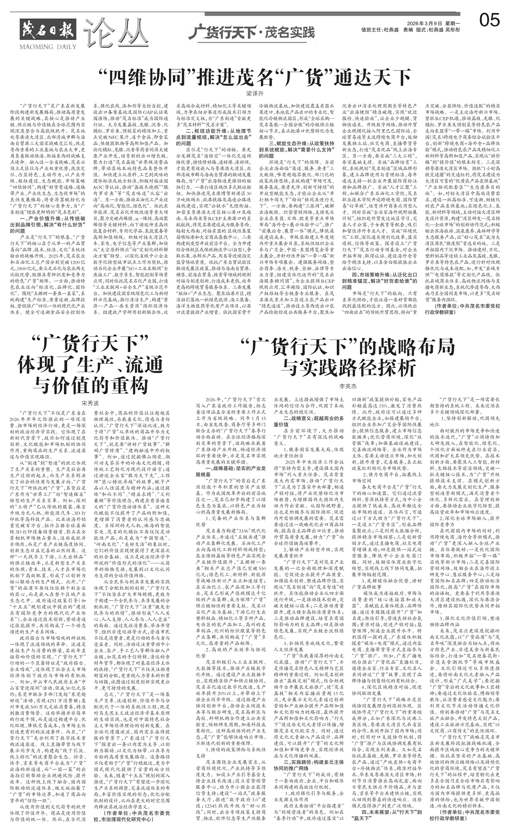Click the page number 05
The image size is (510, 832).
489,21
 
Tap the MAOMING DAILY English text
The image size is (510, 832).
48,47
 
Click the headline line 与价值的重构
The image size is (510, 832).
91,385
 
